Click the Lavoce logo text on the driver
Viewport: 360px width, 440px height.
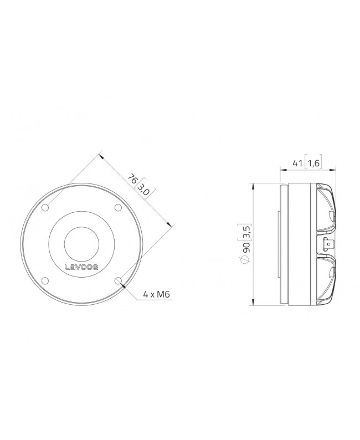click(81, 267)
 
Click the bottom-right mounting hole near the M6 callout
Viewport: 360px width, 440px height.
click(118, 280)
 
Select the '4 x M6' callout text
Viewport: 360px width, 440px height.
click(156, 295)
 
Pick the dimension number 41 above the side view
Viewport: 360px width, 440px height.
click(297, 164)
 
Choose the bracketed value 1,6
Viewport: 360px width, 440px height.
click(313, 164)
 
